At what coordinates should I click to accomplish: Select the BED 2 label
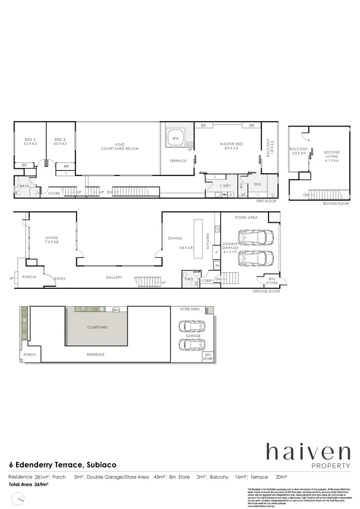(x=29, y=142)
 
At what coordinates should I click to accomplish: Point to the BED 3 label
(x=60, y=142)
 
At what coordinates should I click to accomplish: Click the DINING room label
(x=175, y=238)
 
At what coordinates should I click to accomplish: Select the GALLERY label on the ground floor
(x=114, y=278)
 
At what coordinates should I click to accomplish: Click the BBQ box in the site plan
(x=116, y=310)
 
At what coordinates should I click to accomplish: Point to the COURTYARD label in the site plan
(x=97, y=327)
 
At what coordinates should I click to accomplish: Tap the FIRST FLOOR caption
(x=267, y=200)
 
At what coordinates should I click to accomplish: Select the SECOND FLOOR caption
(x=336, y=204)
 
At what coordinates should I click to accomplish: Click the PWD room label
(x=188, y=280)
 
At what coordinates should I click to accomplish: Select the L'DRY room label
(x=225, y=186)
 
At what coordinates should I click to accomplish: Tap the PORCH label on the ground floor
(x=29, y=278)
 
